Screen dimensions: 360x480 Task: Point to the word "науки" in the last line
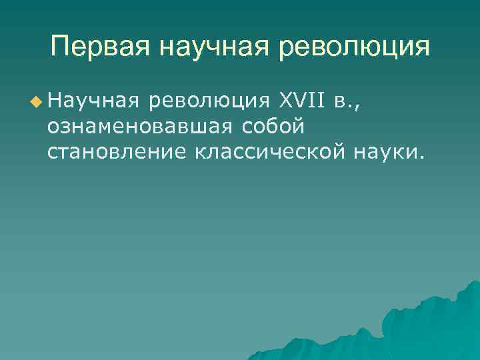(385, 153)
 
